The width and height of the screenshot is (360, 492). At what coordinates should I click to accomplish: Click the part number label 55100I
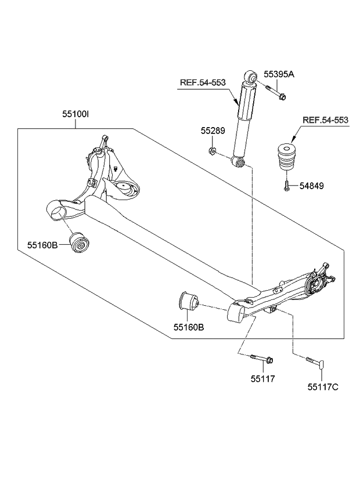[75, 115]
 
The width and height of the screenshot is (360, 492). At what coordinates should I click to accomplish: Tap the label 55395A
[279, 74]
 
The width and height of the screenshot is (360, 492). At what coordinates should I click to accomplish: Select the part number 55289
[212, 131]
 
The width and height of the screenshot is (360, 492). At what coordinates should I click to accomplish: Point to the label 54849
[312, 186]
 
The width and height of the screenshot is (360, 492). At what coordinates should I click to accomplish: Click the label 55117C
[323, 386]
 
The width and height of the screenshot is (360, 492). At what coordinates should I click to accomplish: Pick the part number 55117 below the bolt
[263, 378]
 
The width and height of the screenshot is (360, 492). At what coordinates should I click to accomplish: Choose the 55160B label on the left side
[42, 245]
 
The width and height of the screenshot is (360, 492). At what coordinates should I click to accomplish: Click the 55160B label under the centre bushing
[188, 327]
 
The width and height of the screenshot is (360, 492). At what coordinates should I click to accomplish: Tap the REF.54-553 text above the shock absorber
[202, 83]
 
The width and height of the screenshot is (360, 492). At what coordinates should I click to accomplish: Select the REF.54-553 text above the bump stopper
[325, 120]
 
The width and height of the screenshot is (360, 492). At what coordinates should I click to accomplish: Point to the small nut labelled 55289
[213, 152]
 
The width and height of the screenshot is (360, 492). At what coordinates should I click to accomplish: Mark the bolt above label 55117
[262, 360]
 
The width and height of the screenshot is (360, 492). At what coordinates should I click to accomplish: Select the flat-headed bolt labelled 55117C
[314, 363]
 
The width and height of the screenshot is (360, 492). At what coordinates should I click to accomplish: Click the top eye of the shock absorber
[251, 77]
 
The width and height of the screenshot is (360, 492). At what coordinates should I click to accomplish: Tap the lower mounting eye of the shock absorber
[237, 161]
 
